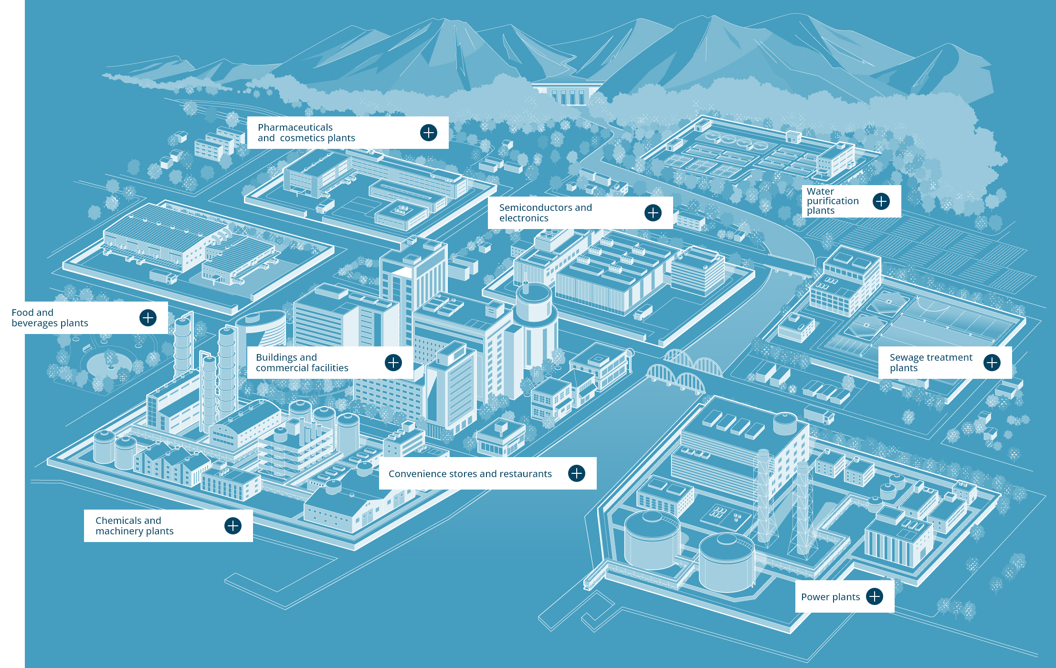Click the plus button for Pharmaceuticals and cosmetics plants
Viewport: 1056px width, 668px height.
click(x=429, y=133)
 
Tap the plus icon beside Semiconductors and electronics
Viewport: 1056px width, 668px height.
click(x=653, y=213)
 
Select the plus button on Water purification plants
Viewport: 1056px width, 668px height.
click(x=881, y=201)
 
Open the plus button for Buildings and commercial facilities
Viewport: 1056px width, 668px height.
click(x=393, y=363)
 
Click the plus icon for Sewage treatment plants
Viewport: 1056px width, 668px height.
click(x=992, y=363)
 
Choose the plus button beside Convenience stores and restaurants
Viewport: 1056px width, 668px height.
click(x=577, y=473)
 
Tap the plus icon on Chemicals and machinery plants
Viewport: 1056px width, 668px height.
click(x=233, y=526)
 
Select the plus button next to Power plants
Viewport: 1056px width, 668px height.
click(x=875, y=596)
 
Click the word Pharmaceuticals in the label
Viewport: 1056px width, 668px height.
click(x=295, y=127)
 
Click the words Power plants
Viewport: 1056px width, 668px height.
click(x=830, y=597)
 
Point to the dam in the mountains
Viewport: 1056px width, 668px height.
click(x=568, y=94)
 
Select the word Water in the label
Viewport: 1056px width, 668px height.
click(x=820, y=191)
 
